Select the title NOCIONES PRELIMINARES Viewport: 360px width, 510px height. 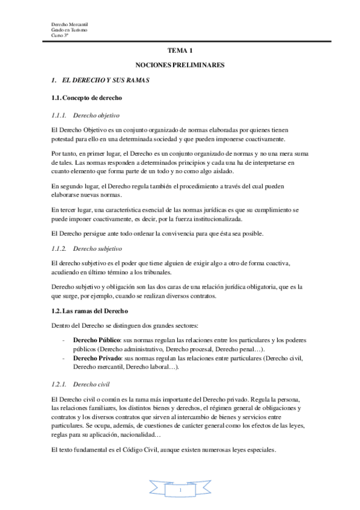coord(180,64)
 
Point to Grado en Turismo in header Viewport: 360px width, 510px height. coord(69,29)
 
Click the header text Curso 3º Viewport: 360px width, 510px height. coord(60,35)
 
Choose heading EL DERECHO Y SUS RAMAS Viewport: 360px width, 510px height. coord(106,79)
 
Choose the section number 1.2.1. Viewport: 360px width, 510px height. coord(58,383)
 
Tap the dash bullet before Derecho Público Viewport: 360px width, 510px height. coord(64,340)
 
